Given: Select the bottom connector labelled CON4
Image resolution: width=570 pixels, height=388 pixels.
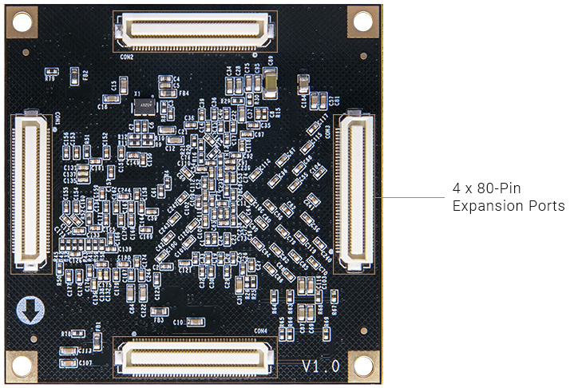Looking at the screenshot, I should tap(195, 356).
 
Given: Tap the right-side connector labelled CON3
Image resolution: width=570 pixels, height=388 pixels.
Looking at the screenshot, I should tap(353, 192).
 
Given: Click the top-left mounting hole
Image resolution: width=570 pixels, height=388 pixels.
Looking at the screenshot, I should tap(21, 22).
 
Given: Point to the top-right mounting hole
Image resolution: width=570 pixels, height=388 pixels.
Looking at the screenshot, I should tap(363, 22).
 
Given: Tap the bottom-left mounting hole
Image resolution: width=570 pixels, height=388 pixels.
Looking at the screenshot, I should tap(21, 366).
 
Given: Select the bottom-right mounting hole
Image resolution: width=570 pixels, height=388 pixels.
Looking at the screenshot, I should tap(363, 366).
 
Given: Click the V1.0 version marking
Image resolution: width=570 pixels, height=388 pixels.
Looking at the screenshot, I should tap(321, 366).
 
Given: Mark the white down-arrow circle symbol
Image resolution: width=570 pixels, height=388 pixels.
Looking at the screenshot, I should tap(29, 311).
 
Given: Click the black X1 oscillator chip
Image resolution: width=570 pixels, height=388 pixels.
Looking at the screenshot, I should tap(142, 105).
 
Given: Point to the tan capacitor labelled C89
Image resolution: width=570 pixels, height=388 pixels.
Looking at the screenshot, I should tap(271, 78).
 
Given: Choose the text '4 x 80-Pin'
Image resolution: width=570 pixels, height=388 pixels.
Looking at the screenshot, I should tap(486, 189).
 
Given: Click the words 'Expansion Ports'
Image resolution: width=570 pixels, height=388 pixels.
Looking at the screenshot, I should tap(509, 206).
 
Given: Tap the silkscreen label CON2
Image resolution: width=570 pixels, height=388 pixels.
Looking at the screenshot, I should tap(126, 57).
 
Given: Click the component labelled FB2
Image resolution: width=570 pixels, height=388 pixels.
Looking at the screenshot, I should tap(74, 75).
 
